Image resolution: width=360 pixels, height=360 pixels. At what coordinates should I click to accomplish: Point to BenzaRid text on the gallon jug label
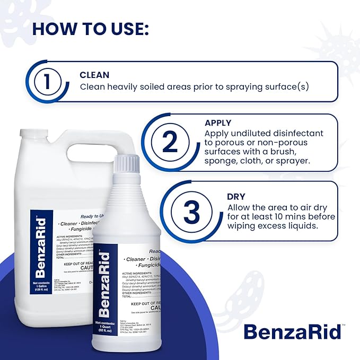(42, 243)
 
